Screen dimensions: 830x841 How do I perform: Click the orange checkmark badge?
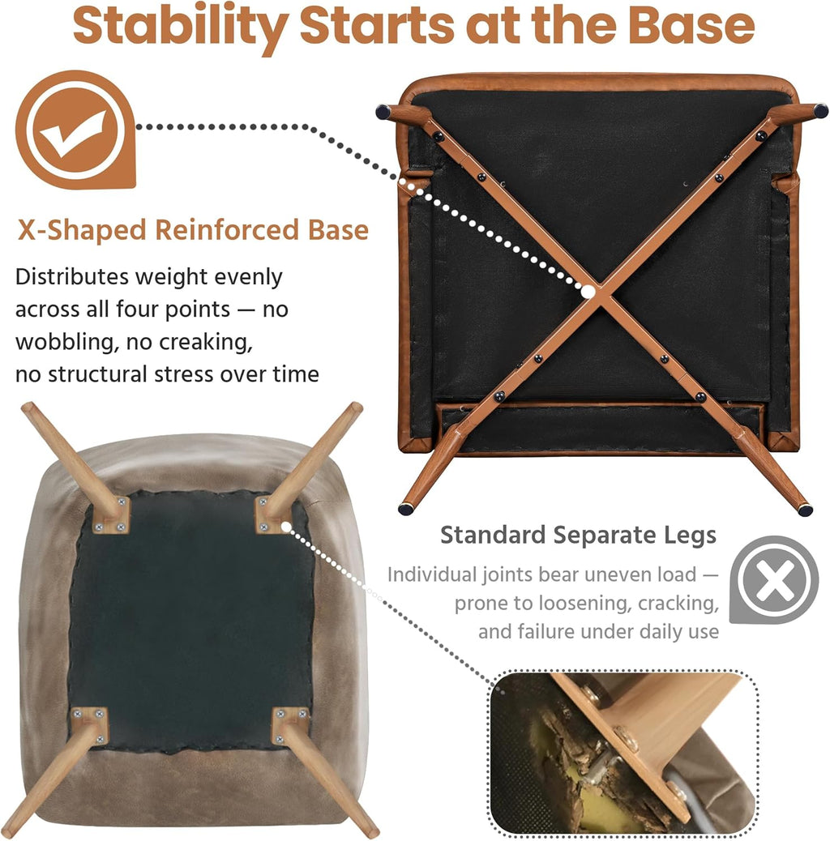75,130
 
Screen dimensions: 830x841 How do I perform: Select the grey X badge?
773,579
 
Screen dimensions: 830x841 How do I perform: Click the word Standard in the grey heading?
493,535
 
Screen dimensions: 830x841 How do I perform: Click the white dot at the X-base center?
588,292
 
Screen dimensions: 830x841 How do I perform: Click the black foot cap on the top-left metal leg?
383,112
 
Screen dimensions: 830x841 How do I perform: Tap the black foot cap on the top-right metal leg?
821,111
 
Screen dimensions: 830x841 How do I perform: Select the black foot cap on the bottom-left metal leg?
406,509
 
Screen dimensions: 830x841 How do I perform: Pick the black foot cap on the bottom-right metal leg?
805,510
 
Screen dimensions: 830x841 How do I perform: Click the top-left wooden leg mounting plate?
111,515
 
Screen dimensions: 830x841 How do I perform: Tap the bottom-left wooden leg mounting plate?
90,726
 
